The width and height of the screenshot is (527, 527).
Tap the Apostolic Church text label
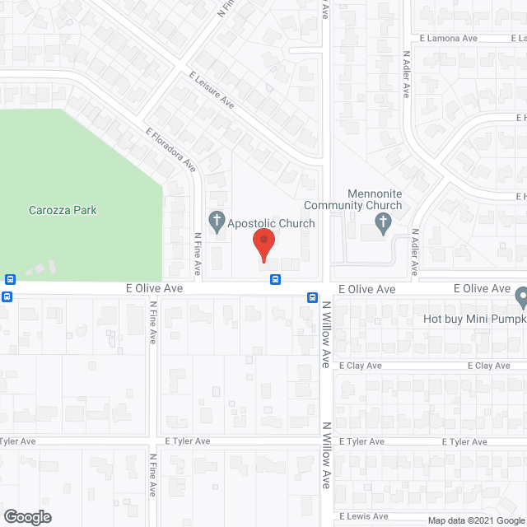pos(272,223)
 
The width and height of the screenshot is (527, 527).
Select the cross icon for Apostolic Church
pos(217,220)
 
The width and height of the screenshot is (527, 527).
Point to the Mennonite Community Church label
pos(353,199)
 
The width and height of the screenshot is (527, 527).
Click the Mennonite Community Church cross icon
pos(383,221)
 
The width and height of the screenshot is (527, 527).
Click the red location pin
pos(263,245)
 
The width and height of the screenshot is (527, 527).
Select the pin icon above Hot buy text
pos(521,296)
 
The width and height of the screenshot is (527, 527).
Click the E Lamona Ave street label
pos(448,38)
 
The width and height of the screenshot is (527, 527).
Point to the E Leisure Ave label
pos(212,91)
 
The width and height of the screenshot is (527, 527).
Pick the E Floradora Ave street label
pos(170,149)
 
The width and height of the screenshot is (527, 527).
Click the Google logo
pos(26,516)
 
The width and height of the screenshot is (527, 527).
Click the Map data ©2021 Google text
pos(475,520)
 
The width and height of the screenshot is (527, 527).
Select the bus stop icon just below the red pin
pos(275,278)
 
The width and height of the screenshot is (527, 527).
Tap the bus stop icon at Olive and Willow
pos(314,296)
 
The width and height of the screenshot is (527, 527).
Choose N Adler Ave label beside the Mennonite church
pos(416,251)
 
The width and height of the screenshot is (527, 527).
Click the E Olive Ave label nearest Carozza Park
pos(153,289)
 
